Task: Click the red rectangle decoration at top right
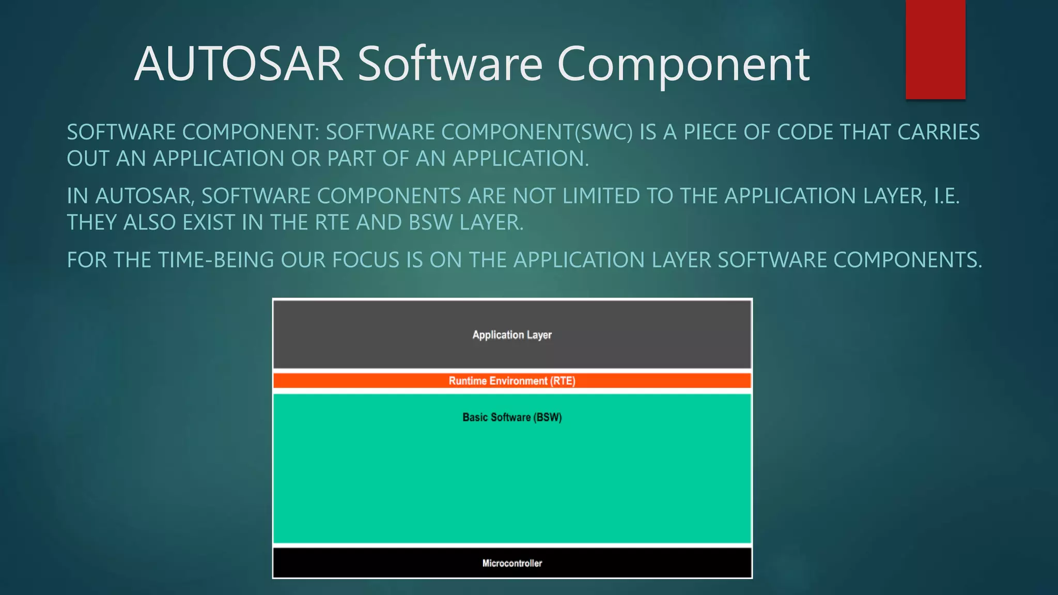[x=935, y=49]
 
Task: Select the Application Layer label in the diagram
[x=512, y=335]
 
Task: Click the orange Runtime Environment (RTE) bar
[x=512, y=381]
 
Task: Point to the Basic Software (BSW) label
[x=512, y=417]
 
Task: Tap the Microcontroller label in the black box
[x=512, y=563]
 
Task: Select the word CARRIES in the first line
[x=938, y=132]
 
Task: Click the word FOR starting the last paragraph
[x=86, y=260]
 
